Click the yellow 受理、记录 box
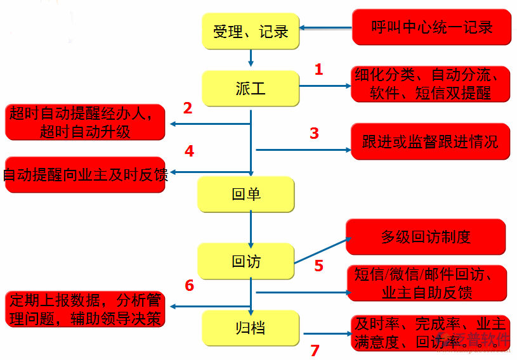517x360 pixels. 251,30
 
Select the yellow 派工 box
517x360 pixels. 251,88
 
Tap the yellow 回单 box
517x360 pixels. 245,194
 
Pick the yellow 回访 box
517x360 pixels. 245,260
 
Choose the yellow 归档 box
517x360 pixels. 250,328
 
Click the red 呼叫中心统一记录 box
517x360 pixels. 431,27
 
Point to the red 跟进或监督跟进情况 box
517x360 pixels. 430,141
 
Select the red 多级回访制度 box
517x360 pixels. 426,237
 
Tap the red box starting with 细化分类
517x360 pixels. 431,84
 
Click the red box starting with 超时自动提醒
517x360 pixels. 85,122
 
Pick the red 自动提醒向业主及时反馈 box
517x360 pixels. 85,174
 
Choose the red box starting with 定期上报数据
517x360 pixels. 85,309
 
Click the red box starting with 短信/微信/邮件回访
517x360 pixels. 426,283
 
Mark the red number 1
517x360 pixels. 318,69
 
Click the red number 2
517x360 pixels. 188,108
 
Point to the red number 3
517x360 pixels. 314,133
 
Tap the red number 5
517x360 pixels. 318,266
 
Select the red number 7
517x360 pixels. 315,350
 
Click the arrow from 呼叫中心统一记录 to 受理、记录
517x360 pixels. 326,28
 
